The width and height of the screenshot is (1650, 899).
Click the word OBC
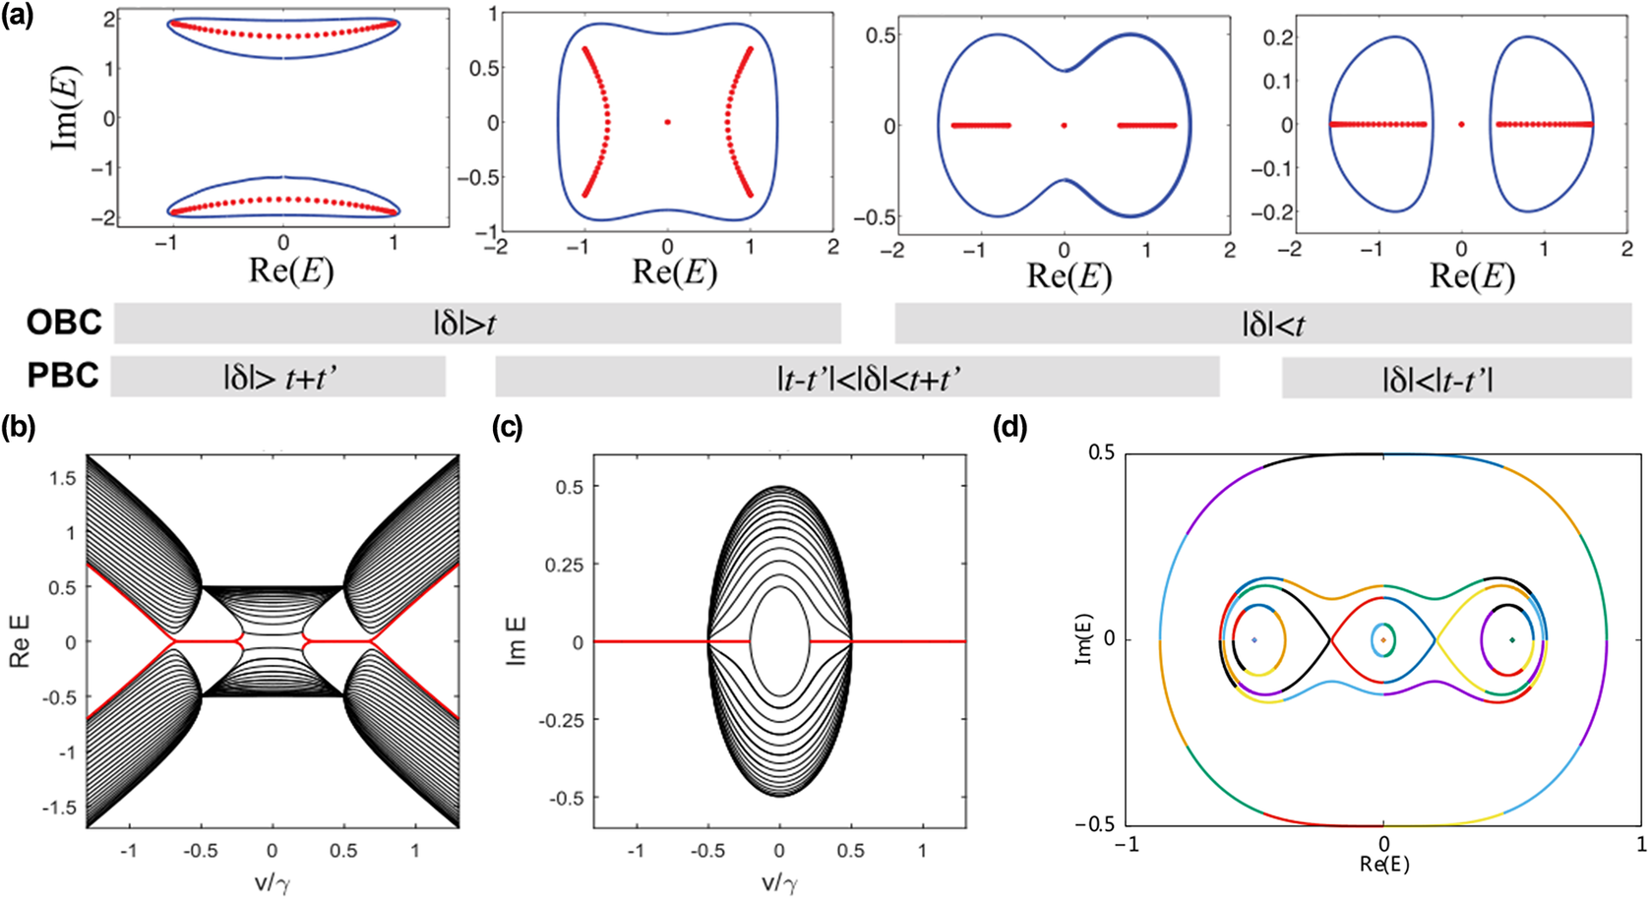(64, 324)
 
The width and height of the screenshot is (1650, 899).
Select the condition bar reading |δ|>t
(477, 324)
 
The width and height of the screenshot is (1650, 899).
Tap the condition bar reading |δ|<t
(1262, 324)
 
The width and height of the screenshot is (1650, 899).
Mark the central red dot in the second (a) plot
(668, 122)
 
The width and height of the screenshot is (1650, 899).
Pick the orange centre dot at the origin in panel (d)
(1383, 639)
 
